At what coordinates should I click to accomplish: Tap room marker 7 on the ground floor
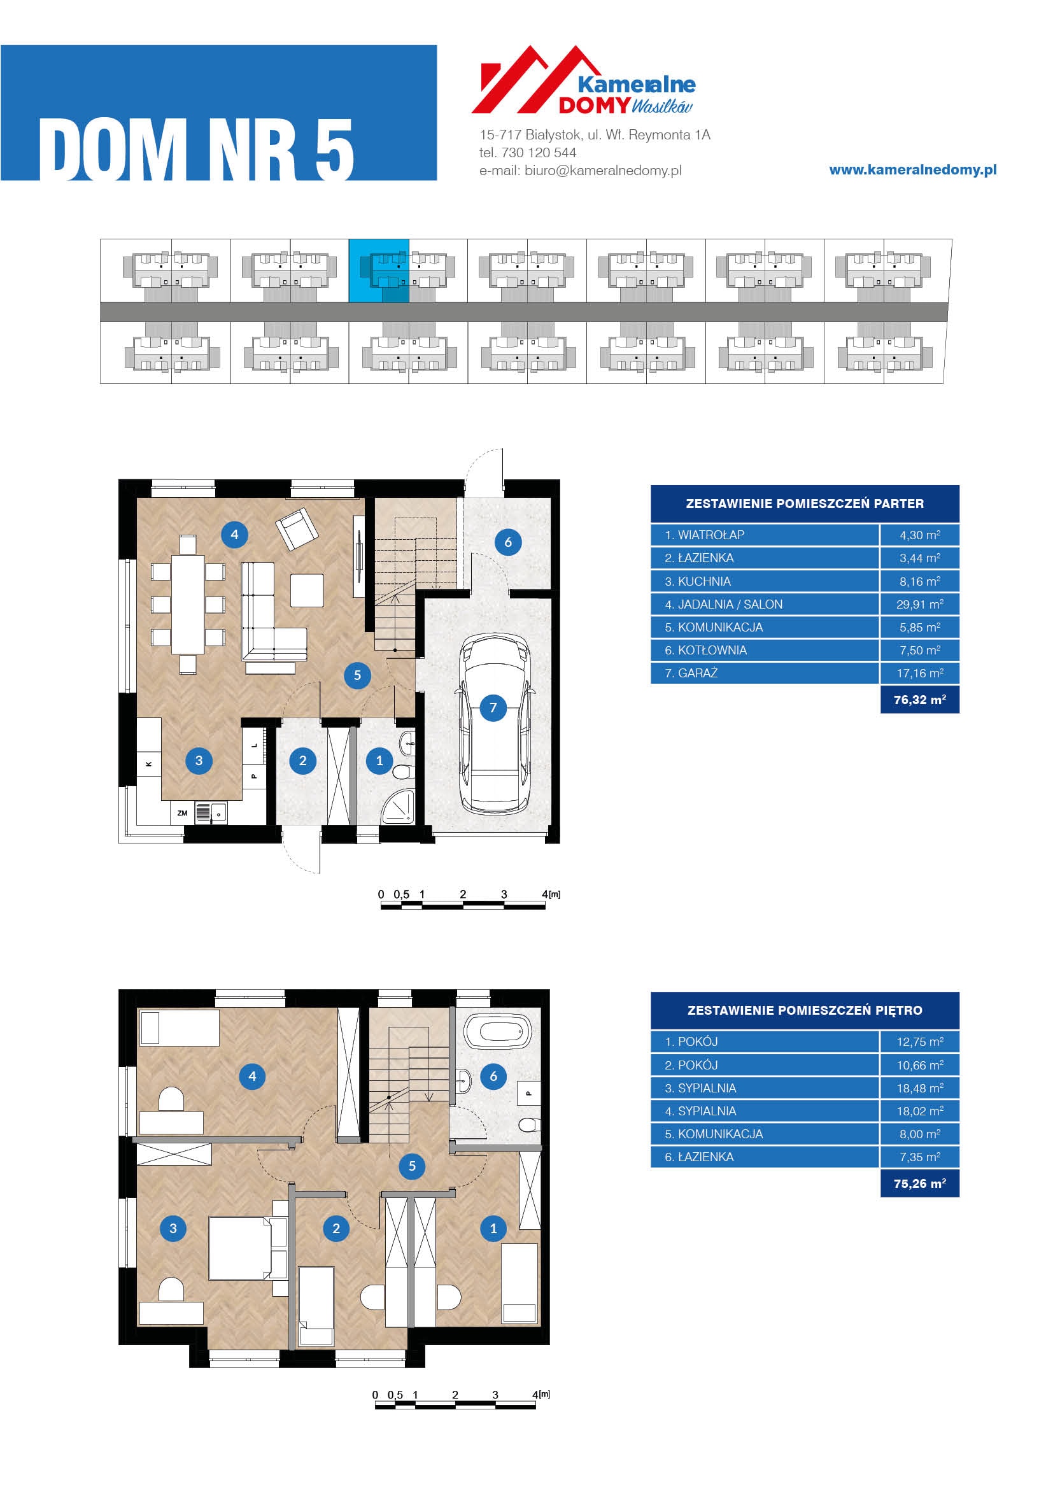pyautogui.click(x=493, y=707)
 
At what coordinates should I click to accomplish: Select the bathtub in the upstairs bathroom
pyautogui.click(x=498, y=1031)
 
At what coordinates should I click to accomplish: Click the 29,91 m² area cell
pyautogui.click(x=919, y=604)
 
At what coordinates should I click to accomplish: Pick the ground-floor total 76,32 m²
pyautogui.click(x=919, y=700)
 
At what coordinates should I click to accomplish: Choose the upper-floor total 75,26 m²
pyautogui.click(x=919, y=1183)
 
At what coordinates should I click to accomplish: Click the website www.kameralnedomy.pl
pyautogui.click(x=913, y=170)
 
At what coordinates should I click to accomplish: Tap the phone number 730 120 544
pyautogui.click(x=539, y=152)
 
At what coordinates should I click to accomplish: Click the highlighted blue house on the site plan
pyautogui.click(x=379, y=271)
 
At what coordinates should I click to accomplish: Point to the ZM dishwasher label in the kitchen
pyautogui.click(x=182, y=813)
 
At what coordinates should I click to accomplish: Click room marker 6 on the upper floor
pyautogui.click(x=493, y=1076)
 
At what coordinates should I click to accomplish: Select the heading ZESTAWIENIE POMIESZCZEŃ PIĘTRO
pyautogui.click(x=805, y=1010)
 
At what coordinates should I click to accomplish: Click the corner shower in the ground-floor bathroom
pyautogui.click(x=397, y=807)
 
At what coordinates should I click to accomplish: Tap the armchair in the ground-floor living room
pyautogui.click(x=297, y=528)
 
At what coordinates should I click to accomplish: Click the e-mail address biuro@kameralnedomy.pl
pyautogui.click(x=603, y=171)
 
